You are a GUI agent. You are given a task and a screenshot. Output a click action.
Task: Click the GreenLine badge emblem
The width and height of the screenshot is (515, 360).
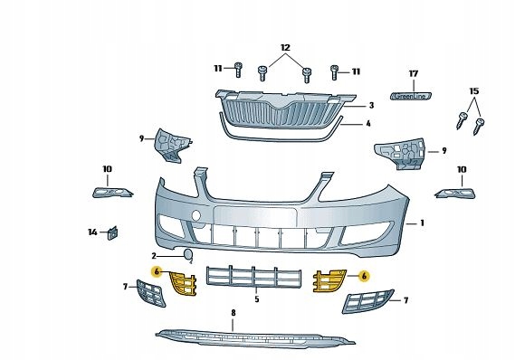[x=411, y=96]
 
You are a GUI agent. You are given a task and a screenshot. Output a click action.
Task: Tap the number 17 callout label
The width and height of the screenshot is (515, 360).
[x=414, y=74]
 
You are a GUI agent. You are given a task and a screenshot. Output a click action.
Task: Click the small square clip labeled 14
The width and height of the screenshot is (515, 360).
[x=112, y=232]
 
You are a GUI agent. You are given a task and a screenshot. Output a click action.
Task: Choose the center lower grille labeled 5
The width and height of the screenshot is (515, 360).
[x=253, y=278]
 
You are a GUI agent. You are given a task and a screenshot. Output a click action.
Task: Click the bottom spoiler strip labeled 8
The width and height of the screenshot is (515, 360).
[x=255, y=338]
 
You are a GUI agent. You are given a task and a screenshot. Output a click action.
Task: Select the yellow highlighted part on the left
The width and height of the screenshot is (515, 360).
[x=183, y=283]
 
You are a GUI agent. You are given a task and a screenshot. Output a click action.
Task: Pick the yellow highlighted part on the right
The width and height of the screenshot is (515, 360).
[x=329, y=280]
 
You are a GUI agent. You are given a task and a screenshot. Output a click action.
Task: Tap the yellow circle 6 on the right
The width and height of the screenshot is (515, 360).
[x=364, y=276]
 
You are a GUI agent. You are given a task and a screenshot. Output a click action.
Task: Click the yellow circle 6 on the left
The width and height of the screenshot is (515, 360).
[x=157, y=271]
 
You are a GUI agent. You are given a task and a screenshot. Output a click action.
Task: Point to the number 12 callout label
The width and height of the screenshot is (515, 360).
[x=285, y=48]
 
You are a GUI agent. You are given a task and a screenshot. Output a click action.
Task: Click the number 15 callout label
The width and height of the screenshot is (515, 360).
[x=474, y=90]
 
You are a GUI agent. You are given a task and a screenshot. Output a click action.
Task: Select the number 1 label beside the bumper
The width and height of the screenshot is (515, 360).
[x=422, y=223]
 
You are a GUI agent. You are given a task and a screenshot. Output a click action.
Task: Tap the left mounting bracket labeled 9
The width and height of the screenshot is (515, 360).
[x=173, y=146]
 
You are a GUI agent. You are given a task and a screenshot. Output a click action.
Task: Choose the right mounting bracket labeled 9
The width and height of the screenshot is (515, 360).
[x=400, y=153]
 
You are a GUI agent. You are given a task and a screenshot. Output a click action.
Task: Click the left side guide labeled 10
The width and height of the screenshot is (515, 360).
[x=112, y=193]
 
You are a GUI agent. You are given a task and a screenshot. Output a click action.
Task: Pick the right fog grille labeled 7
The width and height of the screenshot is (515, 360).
[x=367, y=301]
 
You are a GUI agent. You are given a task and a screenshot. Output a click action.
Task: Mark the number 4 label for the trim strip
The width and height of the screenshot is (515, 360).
[x=368, y=124]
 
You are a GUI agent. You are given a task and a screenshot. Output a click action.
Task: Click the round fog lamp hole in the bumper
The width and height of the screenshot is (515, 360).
[x=196, y=215]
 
